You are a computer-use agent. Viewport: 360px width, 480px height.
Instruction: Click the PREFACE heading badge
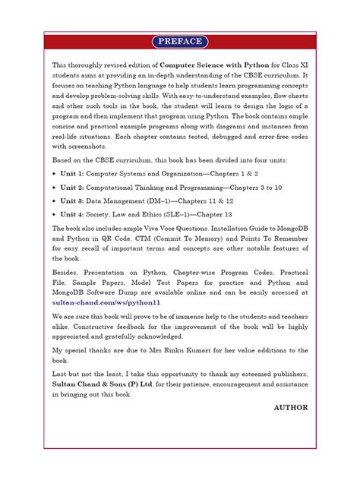tap(180, 41)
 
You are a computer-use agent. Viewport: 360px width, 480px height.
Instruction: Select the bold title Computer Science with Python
tap(210, 66)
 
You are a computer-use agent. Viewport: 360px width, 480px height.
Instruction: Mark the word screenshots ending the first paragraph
tap(88, 146)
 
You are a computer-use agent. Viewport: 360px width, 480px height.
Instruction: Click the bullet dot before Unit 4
tap(54, 213)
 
